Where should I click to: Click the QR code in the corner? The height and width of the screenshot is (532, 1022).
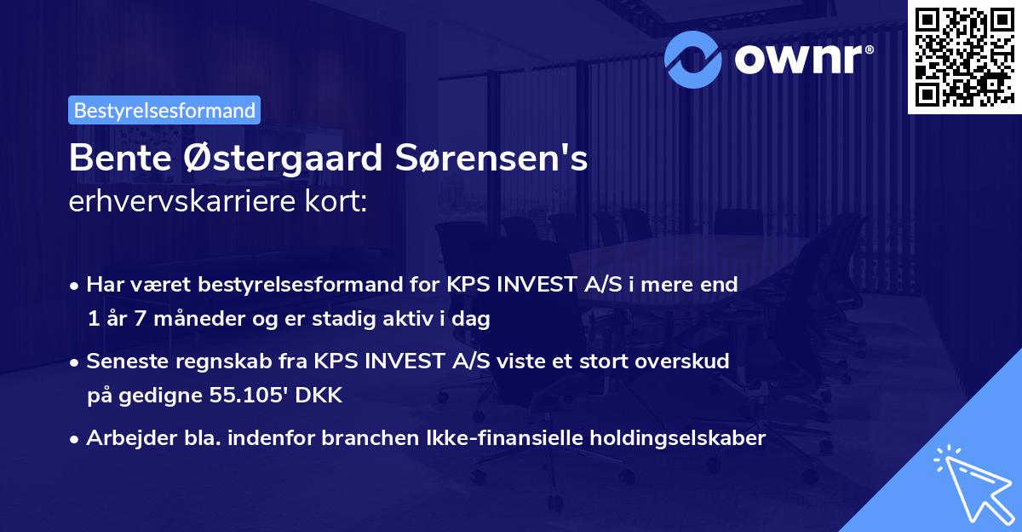point(964,56)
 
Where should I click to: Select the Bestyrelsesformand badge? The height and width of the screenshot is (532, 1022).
point(164,110)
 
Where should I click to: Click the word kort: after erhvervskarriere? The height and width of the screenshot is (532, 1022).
point(340,201)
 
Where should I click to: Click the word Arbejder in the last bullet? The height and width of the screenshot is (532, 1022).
point(123,438)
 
